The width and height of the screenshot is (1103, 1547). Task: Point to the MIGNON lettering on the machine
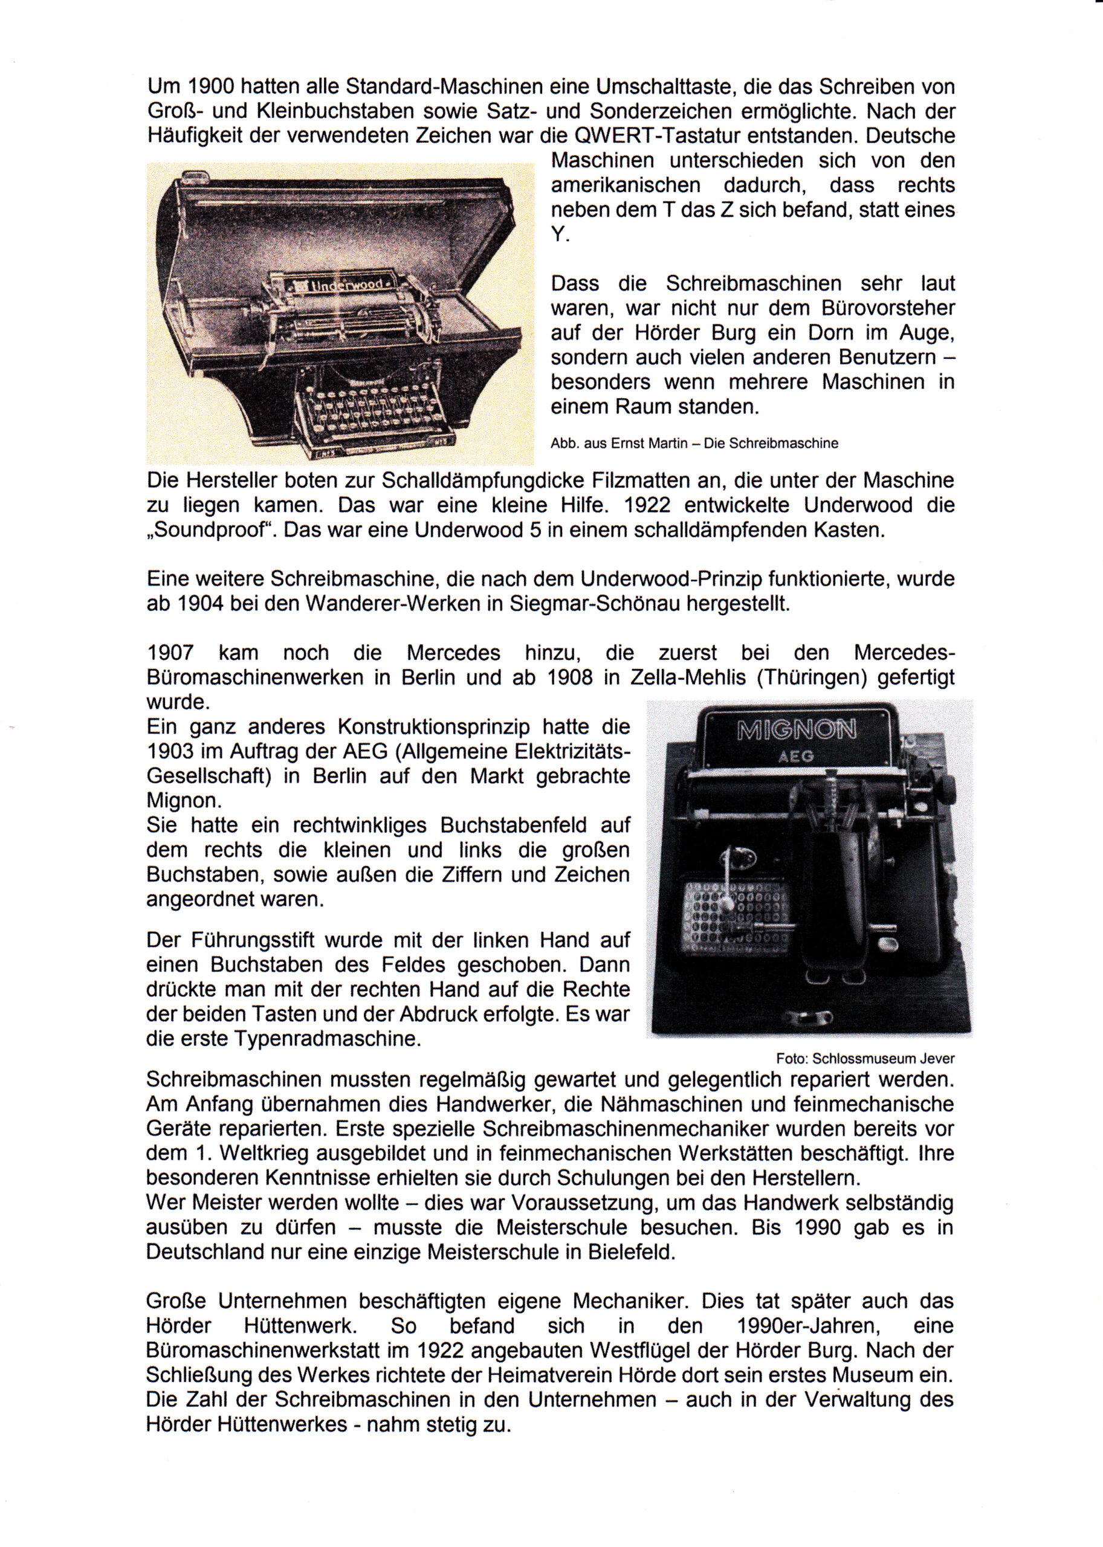[797, 730]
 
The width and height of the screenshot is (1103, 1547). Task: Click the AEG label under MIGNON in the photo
[796, 756]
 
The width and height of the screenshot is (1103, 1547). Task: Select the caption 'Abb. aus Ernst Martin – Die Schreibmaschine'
[694, 444]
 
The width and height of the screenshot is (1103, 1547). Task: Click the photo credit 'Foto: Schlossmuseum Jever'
[865, 1058]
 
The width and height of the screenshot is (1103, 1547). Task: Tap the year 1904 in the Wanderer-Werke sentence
[196, 604]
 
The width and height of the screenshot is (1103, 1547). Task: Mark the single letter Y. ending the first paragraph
[560, 234]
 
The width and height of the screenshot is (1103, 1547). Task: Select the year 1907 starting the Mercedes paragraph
[170, 653]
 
